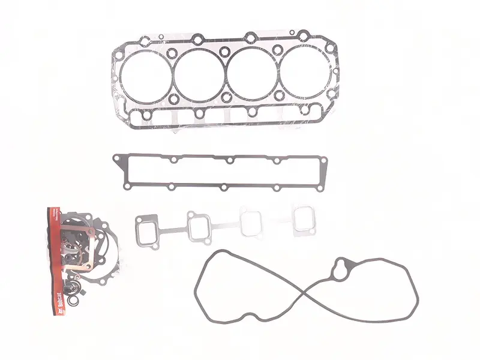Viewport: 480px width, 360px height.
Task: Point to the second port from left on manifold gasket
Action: [x=199, y=227]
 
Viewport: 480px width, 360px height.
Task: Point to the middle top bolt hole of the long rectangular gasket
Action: [x=228, y=160]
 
